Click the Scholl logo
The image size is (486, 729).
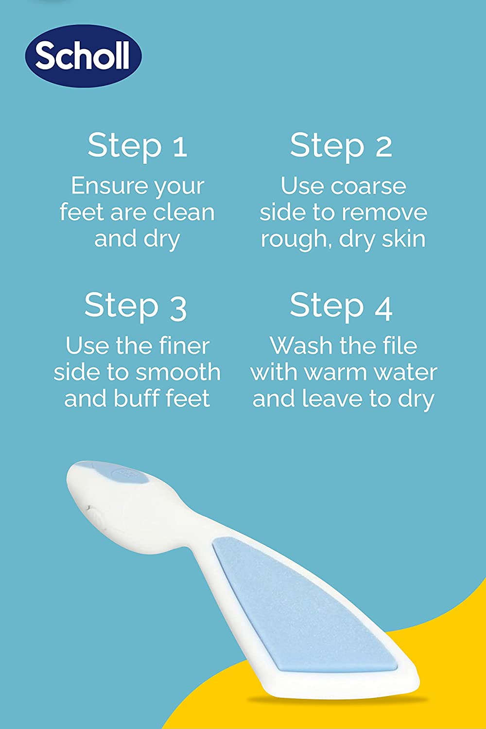[83, 56]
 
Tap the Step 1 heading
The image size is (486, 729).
[138, 145]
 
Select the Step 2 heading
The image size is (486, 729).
[341, 145]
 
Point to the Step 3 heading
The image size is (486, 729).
[136, 306]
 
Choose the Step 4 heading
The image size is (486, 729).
[341, 306]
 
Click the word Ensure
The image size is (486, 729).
[103, 186]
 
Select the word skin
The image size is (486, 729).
[403, 239]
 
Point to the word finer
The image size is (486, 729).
[184, 346]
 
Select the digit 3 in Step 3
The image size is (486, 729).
[178, 308]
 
